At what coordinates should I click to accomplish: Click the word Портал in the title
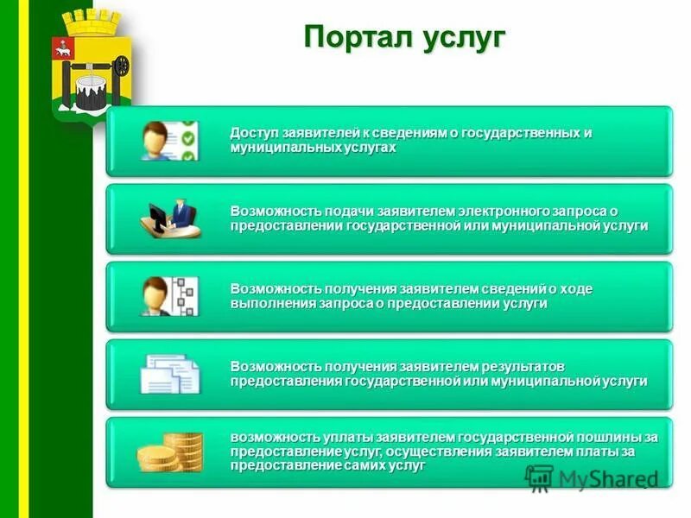click(350, 38)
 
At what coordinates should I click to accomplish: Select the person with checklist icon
click(169, 141)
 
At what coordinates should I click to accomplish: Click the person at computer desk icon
click(169, 218)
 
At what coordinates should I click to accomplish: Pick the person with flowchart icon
click(169, 296)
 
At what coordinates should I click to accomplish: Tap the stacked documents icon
click(169, 374)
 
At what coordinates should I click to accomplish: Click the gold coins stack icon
click(169, 452)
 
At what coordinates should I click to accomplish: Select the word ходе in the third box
click(574, 289)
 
